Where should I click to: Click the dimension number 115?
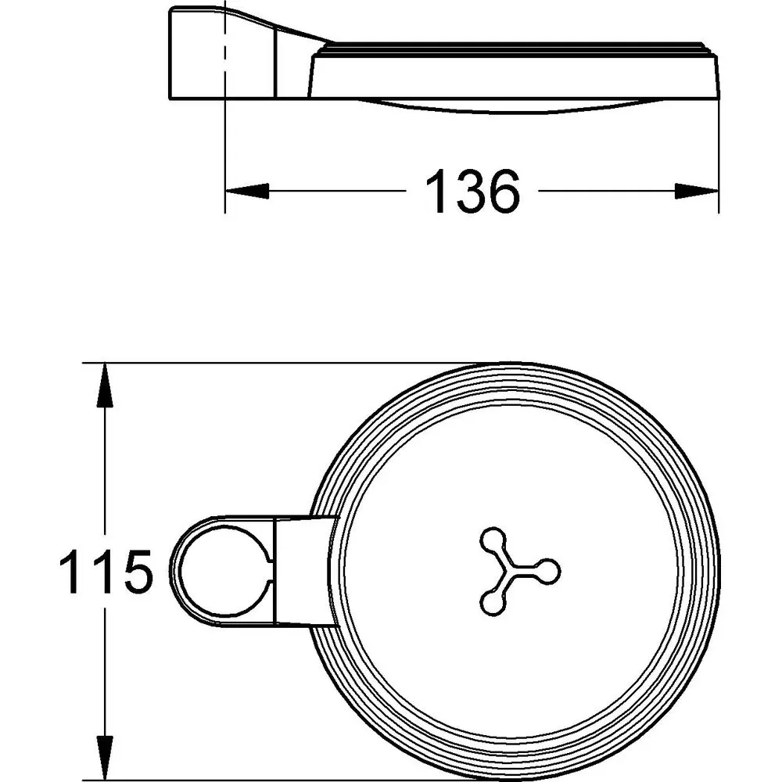(105, 572)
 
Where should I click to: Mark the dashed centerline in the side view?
(225, 55)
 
